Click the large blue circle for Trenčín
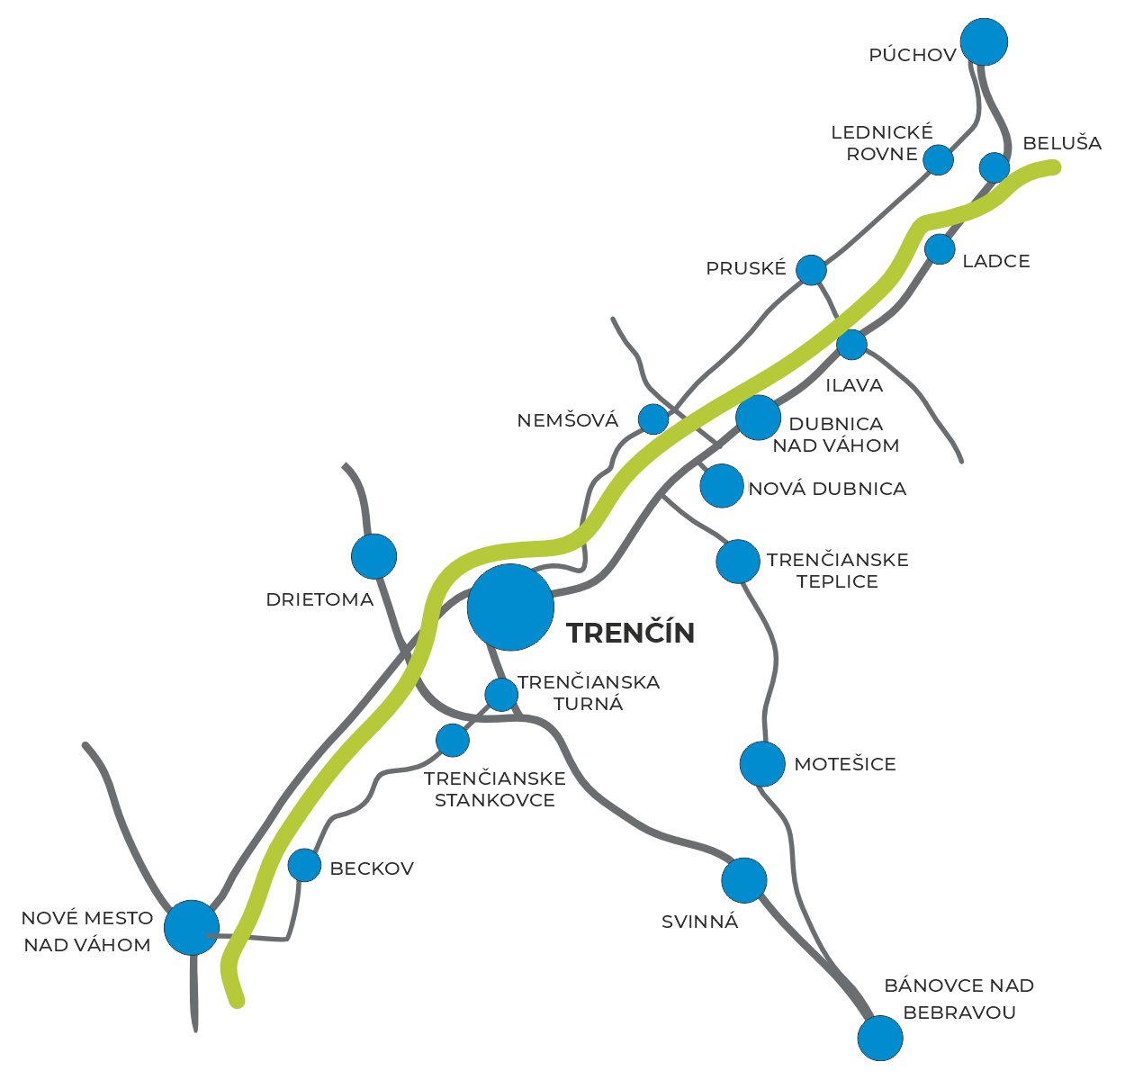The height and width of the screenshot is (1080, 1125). click(510, 607)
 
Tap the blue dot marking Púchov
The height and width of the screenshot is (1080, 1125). click(984, 41)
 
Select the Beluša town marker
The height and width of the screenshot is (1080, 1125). click(994, 167)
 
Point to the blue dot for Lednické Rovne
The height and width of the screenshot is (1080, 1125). click(939, 159)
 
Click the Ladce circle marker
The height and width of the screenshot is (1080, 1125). click(940, 249)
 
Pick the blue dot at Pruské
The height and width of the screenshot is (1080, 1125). click(812, 269)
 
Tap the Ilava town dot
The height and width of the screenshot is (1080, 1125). click(851, 344)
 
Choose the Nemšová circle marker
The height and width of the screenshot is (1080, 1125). click(653, 418)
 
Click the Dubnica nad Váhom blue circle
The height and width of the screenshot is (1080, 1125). click(758, 418)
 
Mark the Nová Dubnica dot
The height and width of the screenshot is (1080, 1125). click(722, 486)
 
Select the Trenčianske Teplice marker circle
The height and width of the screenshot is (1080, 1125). click(738, 562)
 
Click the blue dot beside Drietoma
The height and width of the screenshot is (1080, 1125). click(373, 556)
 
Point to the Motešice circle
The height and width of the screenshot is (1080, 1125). click(762, 764)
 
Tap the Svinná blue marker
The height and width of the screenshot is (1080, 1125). click(744, 880)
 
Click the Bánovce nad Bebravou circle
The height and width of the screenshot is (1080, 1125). click(879, 1039)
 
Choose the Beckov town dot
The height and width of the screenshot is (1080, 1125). click(305, 865)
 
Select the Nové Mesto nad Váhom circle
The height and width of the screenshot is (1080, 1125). click(192, 927)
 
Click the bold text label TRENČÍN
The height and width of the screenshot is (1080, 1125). click(631, 633)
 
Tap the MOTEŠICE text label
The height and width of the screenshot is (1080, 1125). click(845, 765)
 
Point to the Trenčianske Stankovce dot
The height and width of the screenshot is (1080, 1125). click(453, 740)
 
